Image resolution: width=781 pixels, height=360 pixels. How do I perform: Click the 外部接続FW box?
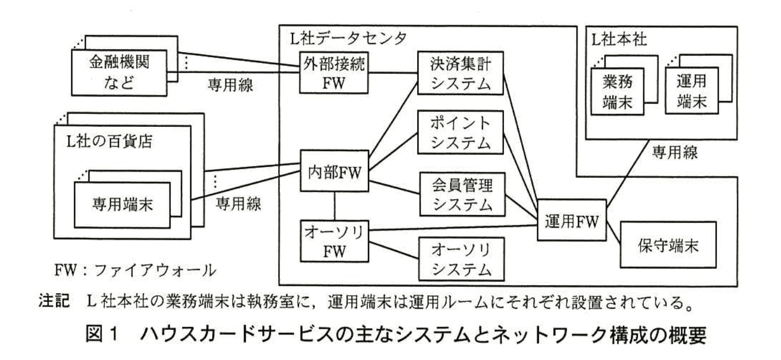coord(333,73)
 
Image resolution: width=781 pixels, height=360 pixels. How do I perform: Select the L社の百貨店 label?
coord(105,143)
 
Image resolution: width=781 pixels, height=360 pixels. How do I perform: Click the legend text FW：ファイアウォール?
coord(135,271)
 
